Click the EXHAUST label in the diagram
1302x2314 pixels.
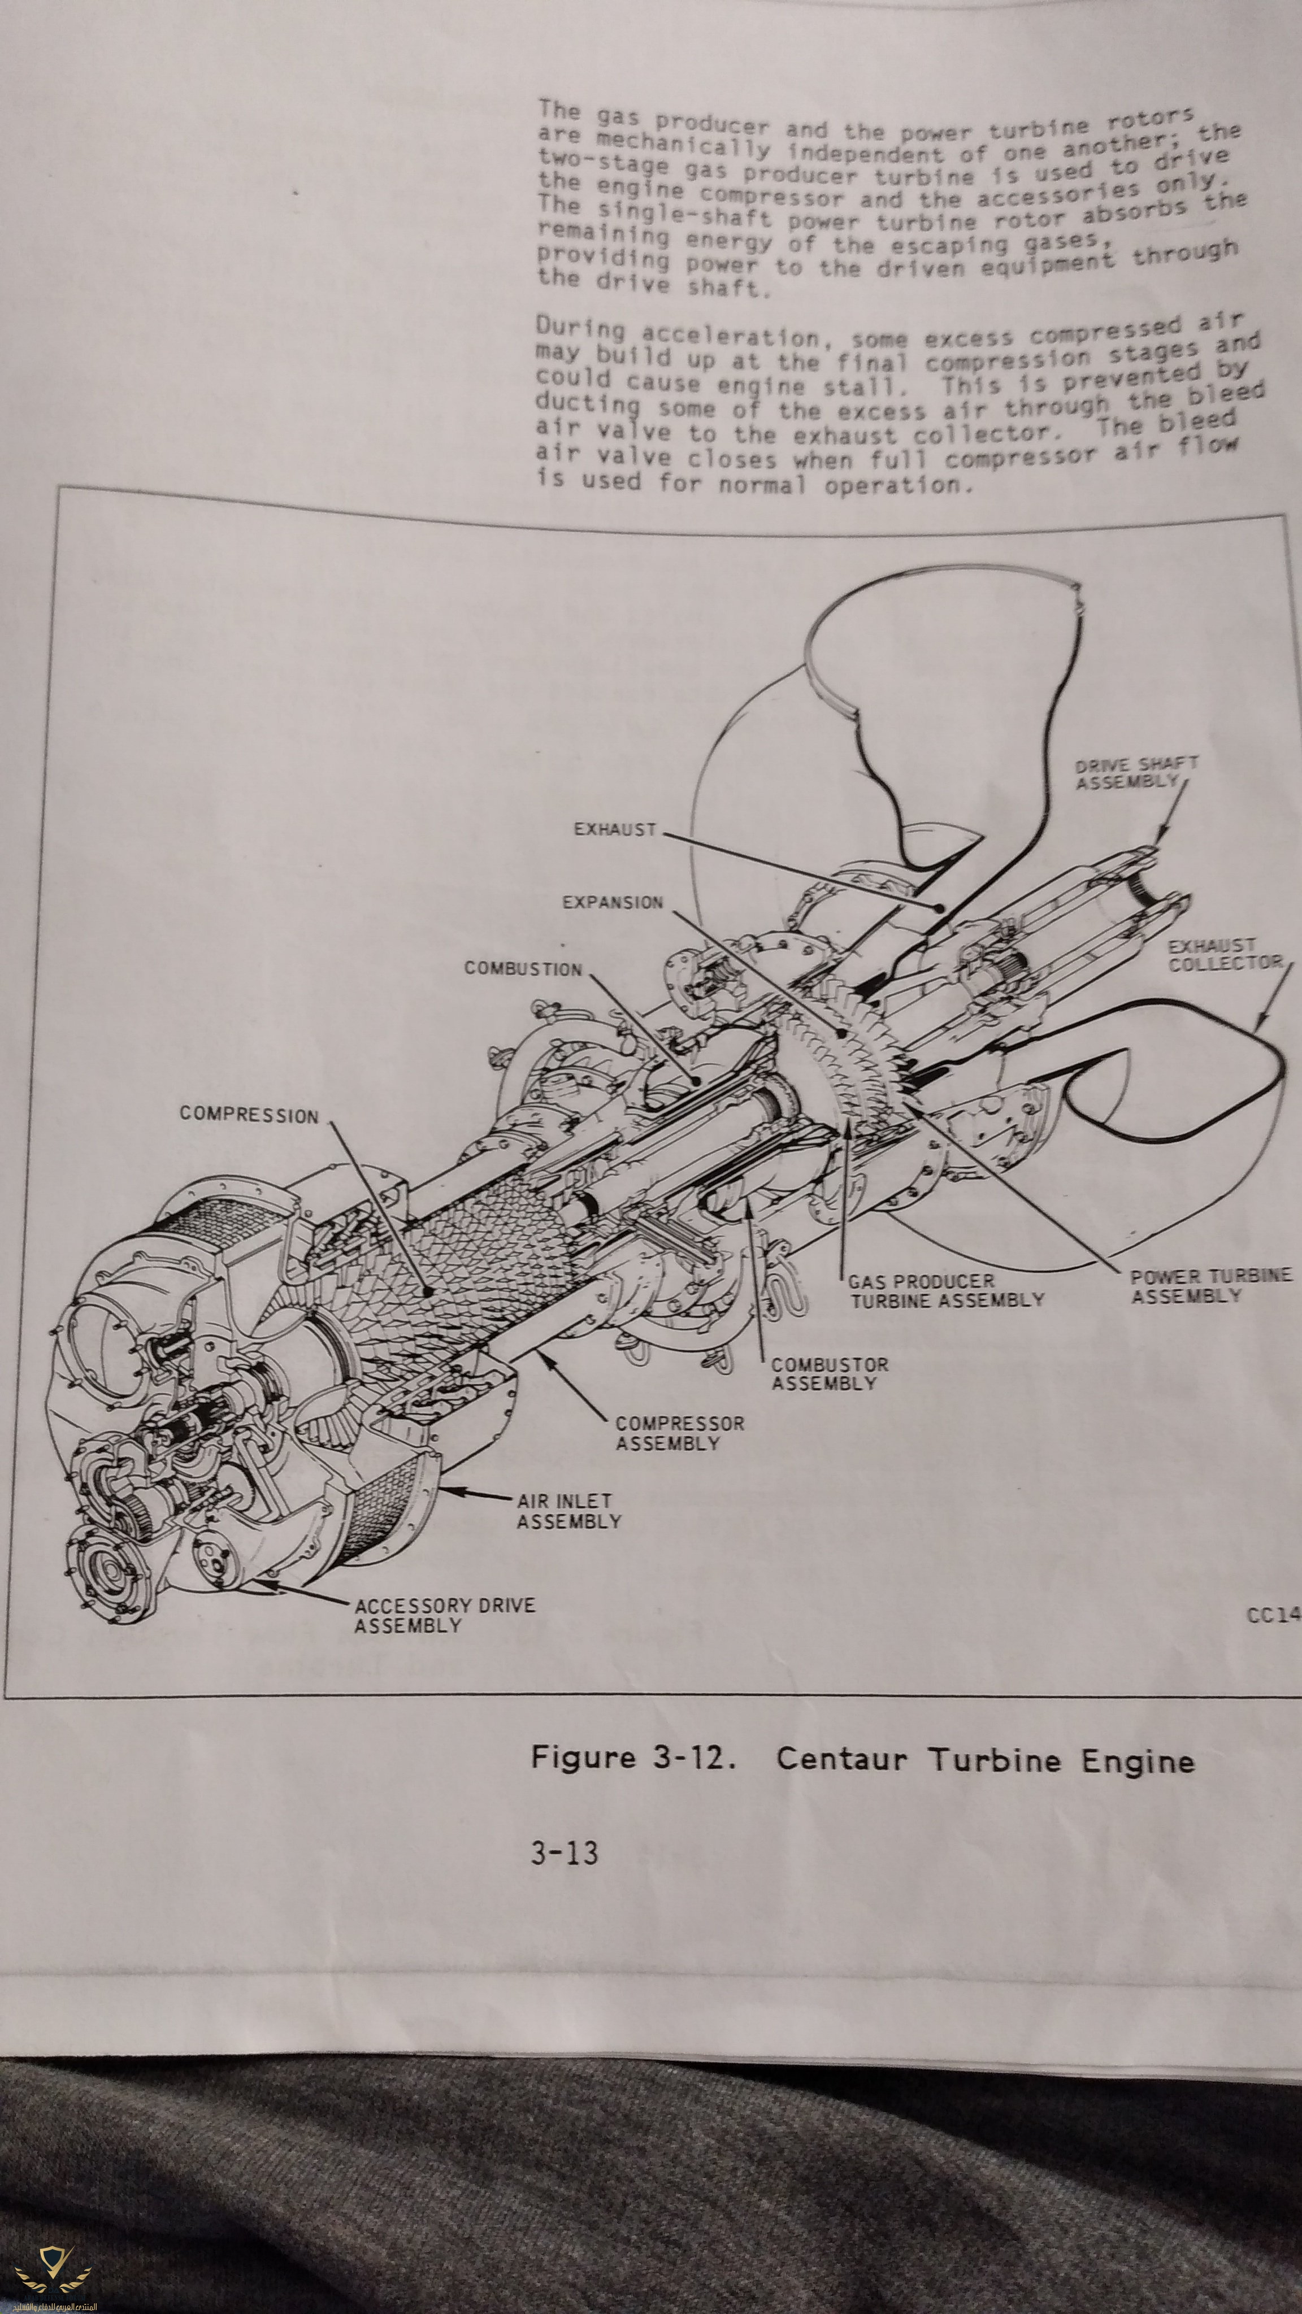coord(615,829)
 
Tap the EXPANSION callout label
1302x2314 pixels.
coord(613,903)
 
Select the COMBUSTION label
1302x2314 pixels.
coord(523,969)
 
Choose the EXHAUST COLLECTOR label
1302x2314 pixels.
coord(1224,954)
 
